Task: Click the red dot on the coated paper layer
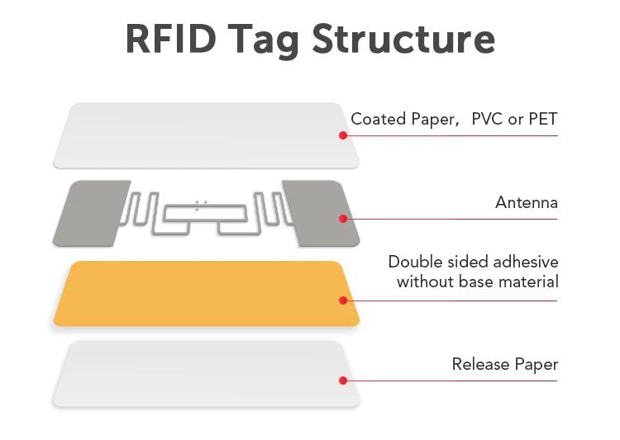pos(342,135)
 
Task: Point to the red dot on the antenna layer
pos(342,218)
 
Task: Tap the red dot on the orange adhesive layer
pos(342,300)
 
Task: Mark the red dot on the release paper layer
pos(342,380)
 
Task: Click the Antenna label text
pos(527,202)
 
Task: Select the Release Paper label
pos(504,364)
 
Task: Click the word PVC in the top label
pos(487,120)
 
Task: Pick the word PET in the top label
pos(542,120)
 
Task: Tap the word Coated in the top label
pos(376,120)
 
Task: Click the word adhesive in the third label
pos(526,263)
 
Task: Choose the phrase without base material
pos(477,282)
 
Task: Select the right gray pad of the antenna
pos(318,213)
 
